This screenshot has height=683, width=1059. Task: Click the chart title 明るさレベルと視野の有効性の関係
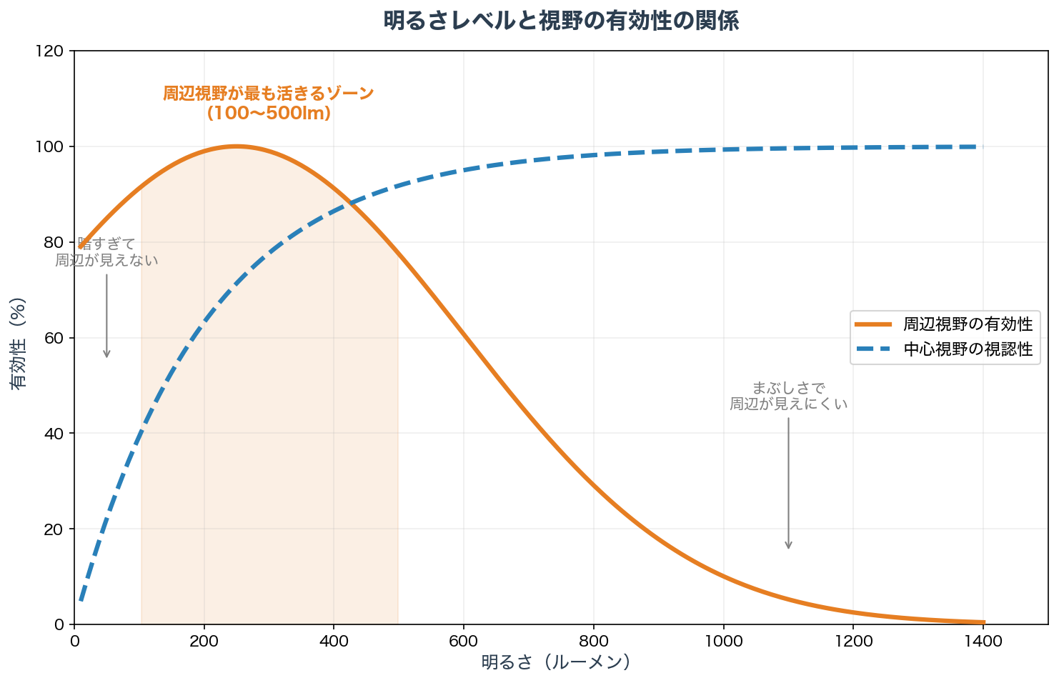click(x=561, y=21)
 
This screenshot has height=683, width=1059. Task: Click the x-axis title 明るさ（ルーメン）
click(x=556, y=662)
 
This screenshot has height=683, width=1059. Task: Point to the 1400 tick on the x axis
click(x=983, y=641)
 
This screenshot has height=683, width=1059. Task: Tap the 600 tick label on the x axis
click(x=464, y=641)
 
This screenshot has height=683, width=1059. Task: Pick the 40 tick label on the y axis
click(x=57, y=434)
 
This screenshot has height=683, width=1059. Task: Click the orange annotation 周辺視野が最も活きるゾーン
click(x=269, y=94)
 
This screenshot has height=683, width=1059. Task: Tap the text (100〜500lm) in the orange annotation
click(x=269, y=113)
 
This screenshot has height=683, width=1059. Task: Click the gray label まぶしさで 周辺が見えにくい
click(x=788, y=396)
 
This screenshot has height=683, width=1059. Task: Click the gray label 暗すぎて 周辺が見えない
click(x=106, y=252)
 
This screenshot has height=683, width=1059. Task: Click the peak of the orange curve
click(x=237, y=146)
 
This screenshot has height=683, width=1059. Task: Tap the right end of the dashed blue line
click(x=983, y=146)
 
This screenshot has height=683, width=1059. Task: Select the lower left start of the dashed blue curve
click(x=81, y=601)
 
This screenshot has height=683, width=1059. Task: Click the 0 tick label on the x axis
click(x=74, y=641)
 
